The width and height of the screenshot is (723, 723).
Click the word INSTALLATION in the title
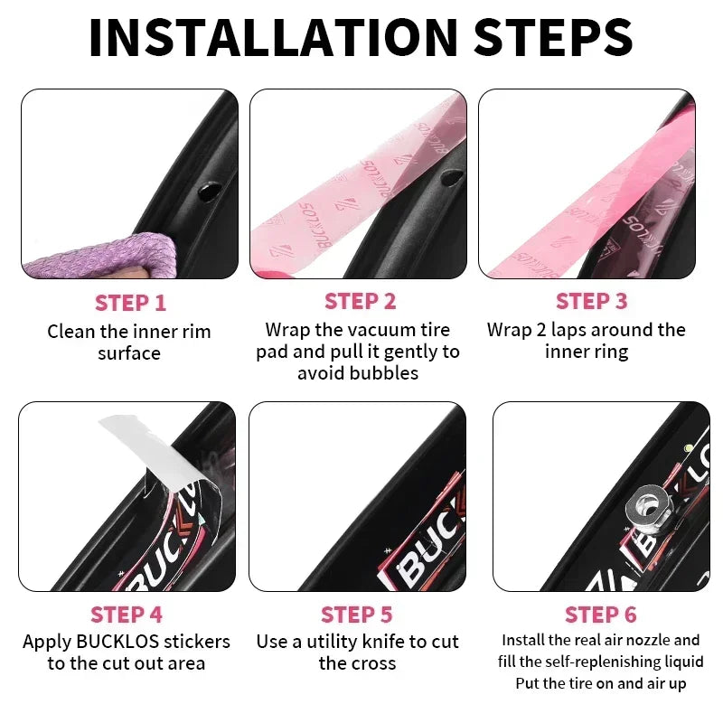tap(273, 37)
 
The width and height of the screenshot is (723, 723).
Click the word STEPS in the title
tap(553, 37)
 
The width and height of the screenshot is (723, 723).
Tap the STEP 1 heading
tap(130, 303)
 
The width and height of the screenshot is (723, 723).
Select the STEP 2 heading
tap(360, 301)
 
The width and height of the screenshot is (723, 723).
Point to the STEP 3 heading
tap(592, 301)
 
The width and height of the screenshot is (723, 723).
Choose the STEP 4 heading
tap(127, 615)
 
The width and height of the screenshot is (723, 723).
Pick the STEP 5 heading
tap(356, 615)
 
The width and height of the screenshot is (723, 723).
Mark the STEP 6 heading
tap(600, 615)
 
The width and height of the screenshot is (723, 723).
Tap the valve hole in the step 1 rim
tap(209, 191)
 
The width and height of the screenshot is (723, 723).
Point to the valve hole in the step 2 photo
tap(451, 177)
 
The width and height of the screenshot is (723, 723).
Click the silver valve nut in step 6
tap(648, 506)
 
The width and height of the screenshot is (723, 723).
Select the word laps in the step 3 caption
tap(568, 330)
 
